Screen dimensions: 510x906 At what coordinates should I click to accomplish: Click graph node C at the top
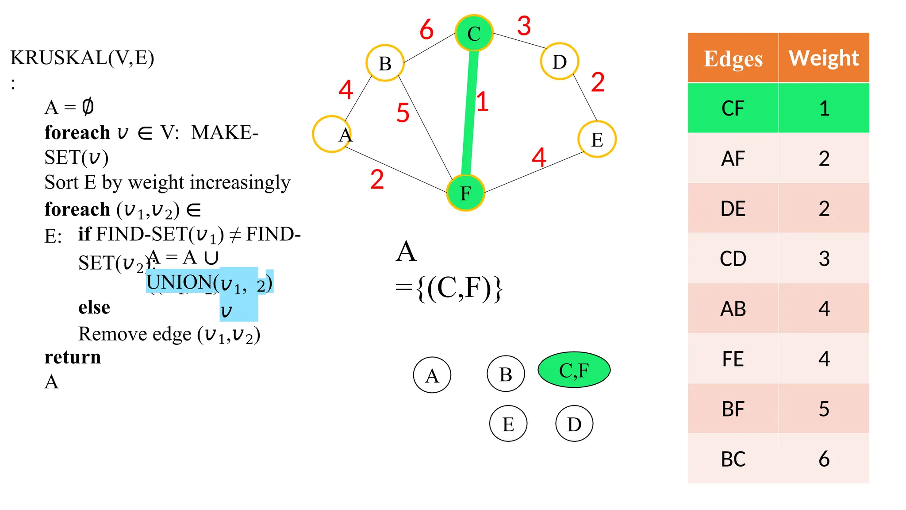click(x=474, y=33)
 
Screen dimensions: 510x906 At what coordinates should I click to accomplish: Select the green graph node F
click(x=465, y=193)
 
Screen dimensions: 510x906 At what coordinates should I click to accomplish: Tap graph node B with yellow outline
click(x=385, y=63)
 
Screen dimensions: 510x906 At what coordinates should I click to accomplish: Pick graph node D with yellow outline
click(x=560, y=62)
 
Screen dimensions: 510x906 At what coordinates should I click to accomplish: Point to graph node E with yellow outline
click(x=597, y=139)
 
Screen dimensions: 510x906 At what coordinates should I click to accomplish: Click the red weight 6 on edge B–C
click(x=426, y=30)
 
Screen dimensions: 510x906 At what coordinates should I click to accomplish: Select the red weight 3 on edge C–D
click(x=524, y=26)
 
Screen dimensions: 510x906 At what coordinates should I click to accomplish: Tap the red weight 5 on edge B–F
click(x=403, y=112)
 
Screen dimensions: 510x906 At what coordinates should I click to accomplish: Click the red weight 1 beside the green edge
click(x=483, y=101)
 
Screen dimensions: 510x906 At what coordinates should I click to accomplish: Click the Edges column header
click(x=733, y=58)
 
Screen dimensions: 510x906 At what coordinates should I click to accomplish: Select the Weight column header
click(x=824, y=58)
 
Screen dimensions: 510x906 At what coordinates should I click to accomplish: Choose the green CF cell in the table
click(x=733, y=108)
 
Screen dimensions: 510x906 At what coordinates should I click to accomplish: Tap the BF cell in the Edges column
click(x=733, y=409)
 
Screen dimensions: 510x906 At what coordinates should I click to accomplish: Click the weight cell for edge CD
click(x=824, y=259)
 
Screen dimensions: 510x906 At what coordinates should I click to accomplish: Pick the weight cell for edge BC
click(x=824, y=459)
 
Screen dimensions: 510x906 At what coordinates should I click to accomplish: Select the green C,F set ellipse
click(x=574, y=370)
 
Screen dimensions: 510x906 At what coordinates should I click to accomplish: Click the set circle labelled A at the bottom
click(x=432, y=375)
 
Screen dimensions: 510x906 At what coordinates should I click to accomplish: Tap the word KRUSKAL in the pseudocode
click(x=59, y=58)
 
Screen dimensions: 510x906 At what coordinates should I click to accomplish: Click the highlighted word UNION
click(x=179, y=282)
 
